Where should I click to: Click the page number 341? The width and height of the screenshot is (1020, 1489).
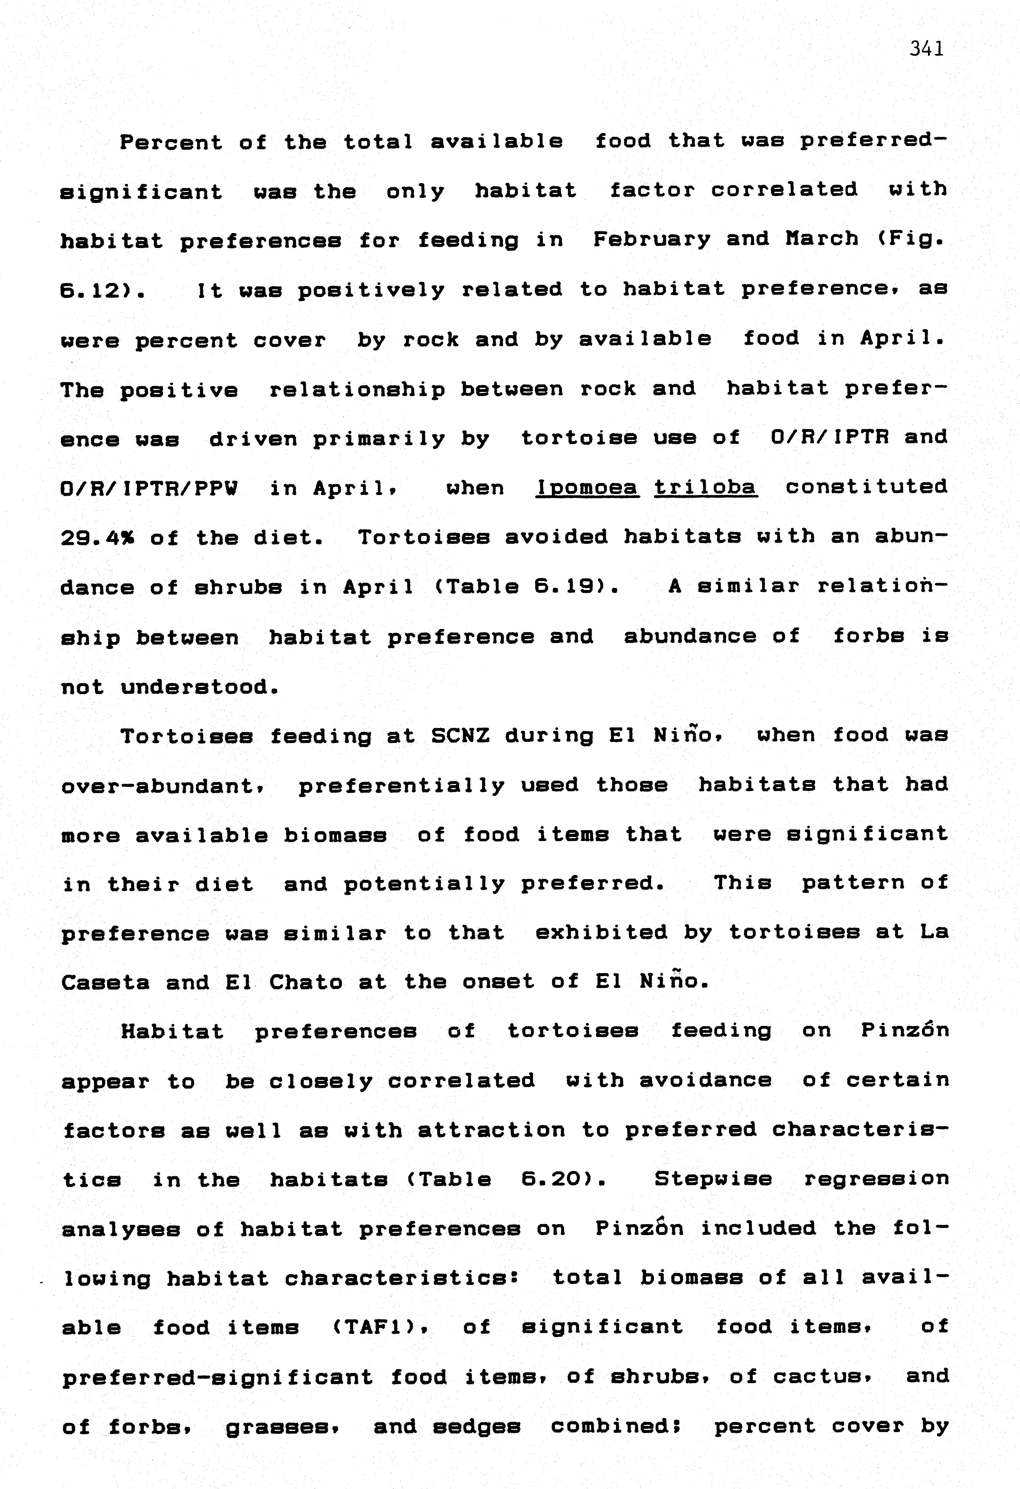[926, 49]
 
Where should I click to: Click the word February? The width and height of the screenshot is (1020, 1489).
[652, 240]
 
